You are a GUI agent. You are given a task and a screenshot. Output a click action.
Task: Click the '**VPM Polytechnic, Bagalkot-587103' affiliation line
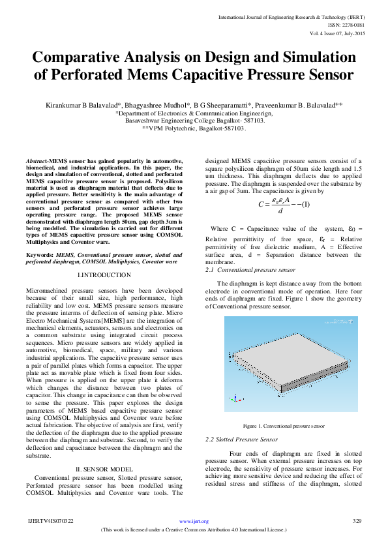194,128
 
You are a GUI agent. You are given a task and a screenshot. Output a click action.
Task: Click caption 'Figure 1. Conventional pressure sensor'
283,425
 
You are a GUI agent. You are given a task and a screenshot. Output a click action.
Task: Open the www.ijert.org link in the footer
194,522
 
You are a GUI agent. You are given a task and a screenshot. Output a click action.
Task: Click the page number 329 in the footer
357,522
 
